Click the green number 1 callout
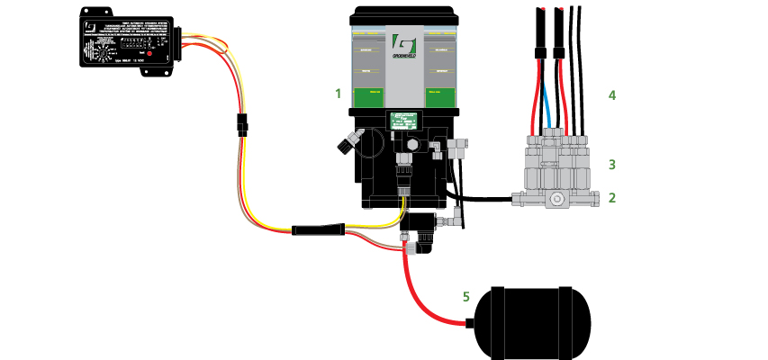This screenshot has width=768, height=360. tap(338, 93)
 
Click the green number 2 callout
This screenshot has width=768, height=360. tap(612, 197)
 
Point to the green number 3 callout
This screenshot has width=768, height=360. tap(612, 165)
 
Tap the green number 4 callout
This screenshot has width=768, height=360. tap(612, 94)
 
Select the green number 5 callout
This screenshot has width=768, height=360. tap(465, 295)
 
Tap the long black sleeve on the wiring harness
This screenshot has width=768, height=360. tap(318, 230)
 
